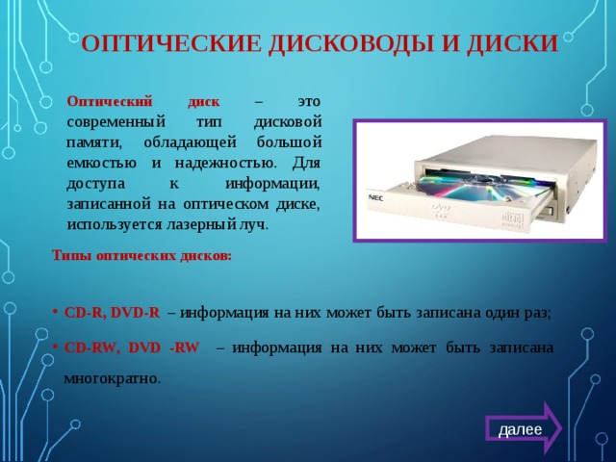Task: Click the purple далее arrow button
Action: tap(521, 427)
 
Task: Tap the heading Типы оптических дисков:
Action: tap(141, 256)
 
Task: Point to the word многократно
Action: tap(112, 378)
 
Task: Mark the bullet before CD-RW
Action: tap(57, 346)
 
